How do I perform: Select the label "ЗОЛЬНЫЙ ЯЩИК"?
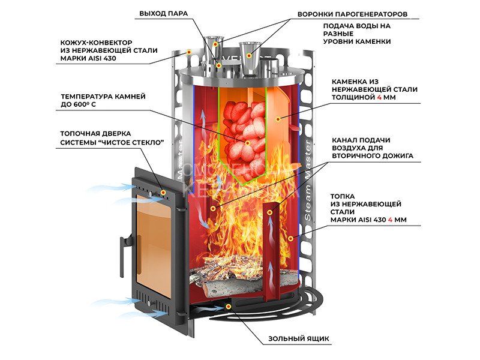pos(299,339)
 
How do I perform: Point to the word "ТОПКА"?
pos(341,196)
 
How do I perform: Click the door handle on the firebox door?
pos(121,246)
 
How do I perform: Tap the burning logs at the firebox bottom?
pos(228,270)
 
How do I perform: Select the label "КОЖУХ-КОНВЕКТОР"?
pos(94,43)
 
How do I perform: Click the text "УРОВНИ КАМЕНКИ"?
pos(357,41)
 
